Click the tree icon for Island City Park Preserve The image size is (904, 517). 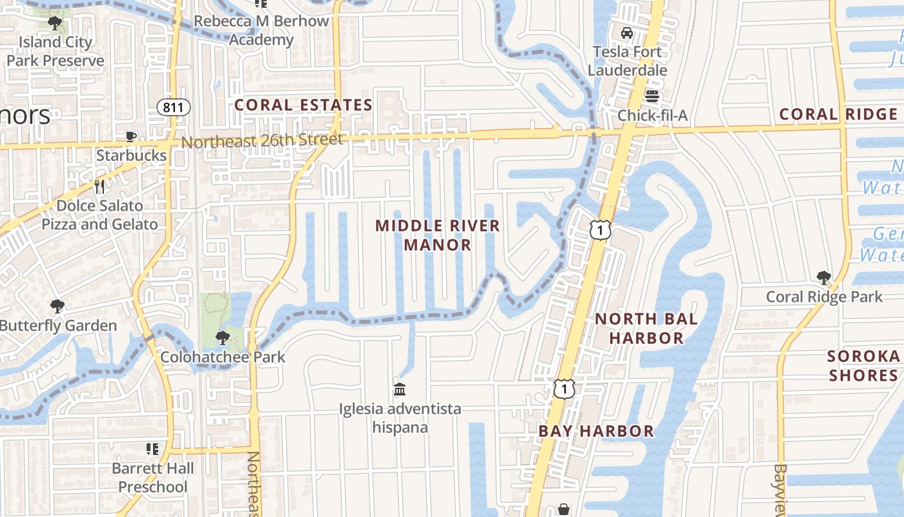[55, 24]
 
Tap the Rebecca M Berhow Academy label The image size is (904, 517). [262, 30]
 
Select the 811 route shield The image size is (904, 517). [173, 107]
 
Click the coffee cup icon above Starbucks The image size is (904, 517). [131, 136]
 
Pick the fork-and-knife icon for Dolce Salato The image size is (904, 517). [99, 187]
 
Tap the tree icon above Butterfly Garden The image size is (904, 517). [57, 306]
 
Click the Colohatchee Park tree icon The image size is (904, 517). [223, 337]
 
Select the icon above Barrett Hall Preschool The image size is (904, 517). [152, 448]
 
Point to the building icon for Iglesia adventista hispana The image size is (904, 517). [400, 389]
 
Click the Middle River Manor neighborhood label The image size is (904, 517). [438, 235]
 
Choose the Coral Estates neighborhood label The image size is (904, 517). [303, 105]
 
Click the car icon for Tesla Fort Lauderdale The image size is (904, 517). [626, 33]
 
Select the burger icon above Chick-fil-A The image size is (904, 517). [652, 97]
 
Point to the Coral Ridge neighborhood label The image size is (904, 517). [838, 114]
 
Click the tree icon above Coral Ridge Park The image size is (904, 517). [823, 278]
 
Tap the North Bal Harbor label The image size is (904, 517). [646, 328]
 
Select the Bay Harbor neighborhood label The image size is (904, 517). [596, 431]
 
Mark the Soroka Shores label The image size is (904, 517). [864, 366]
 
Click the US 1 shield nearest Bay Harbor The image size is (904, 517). [564, 388]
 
